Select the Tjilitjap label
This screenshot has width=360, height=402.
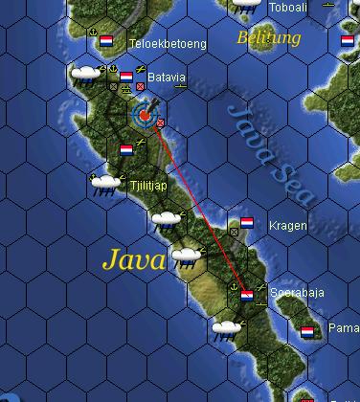click(146, 189)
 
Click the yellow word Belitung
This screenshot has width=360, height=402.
click(268, 38)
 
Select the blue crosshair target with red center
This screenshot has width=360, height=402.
click(144, 115)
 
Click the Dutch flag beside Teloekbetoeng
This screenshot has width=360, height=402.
click(106, 42)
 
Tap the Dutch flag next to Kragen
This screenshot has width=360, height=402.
click(247, 223)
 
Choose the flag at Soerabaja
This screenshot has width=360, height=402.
click(246, 295)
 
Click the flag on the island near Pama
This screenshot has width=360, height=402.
click(307, 332)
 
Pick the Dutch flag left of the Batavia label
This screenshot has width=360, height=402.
click(126, 77)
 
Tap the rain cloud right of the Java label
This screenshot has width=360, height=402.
click(185, 257)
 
